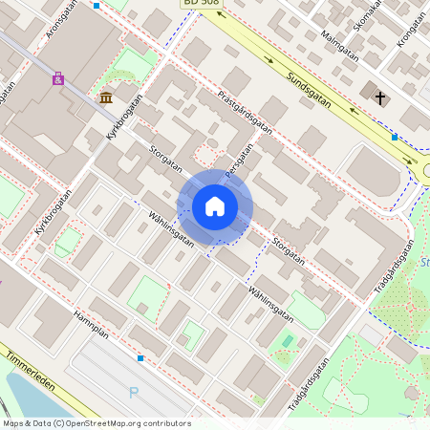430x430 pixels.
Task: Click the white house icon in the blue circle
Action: point(215,206)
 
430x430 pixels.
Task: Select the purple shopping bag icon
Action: point(58,79)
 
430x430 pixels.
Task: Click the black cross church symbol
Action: point(379,97)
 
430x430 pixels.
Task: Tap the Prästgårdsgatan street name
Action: point(246,112)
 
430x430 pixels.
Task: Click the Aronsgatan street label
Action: point(59,21)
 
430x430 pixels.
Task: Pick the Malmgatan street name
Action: point(339,48)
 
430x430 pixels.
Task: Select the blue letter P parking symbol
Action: point(133,393)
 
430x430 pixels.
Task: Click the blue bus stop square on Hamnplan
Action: point(140,358)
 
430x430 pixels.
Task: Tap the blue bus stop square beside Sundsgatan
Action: point(394,137)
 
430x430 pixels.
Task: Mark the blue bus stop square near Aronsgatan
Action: point(97,6)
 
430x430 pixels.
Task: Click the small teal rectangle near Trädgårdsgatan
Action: point(288,341)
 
